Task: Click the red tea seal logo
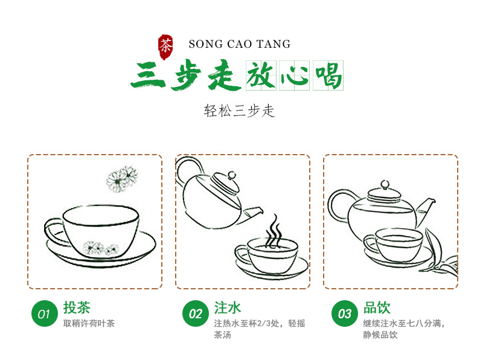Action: coord(165,47)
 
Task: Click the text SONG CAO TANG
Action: coord(240,44)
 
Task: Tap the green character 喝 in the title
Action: coord(328,76)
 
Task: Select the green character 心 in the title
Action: coord(294,76)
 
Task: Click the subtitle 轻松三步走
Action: coord(239,111)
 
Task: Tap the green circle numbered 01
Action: coord(45,313)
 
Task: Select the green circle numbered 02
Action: coord(195,313)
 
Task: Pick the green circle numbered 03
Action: coord(345,313)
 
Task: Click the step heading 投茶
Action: coord(77,307)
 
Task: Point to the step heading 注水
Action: coord(228,307)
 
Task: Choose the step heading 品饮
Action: coord(377,307)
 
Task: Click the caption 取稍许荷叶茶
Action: coord(89,323)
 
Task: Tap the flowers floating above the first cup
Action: coord(122,179)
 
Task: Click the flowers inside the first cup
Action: coord(101,248)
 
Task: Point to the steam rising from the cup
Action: coord(274,231)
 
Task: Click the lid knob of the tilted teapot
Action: coord(232,175)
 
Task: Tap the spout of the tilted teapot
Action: coord(252,212)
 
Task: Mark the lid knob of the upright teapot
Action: coord(385,184)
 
